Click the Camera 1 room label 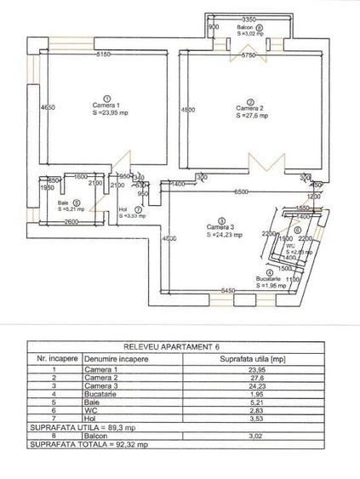(x=106, y=107)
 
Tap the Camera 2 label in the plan (x=249, y=108)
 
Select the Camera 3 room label (x=221, y=227)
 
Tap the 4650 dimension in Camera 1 (x=48, y=107)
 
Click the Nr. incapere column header (x=53, y=360)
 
